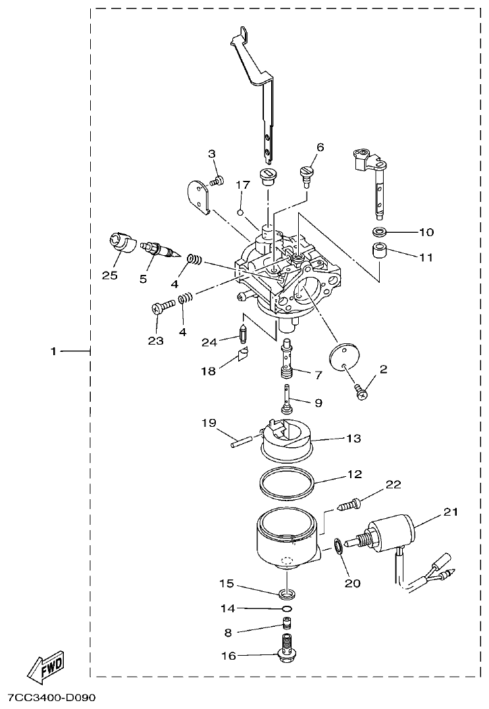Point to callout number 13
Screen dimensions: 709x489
pos(353,438)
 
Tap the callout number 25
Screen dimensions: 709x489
pos(110,275)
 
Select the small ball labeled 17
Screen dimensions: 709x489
pos(241,212)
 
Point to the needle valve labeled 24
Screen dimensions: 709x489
pos(243,337)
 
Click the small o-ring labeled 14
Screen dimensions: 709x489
pos(286,608)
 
